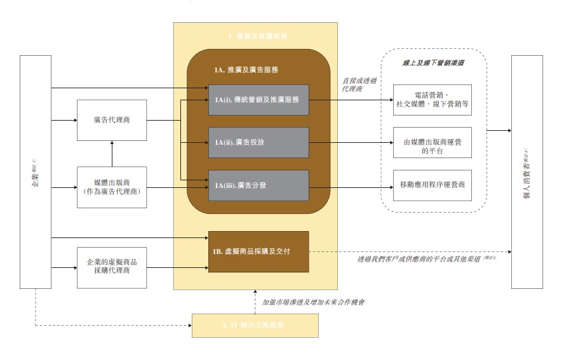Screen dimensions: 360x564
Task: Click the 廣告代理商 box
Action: coord(112,120)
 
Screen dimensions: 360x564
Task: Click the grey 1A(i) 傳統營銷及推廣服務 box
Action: coord(258,100)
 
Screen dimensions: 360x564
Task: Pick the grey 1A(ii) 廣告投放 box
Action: coord(258,143)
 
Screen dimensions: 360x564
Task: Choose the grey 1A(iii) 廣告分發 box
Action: coord(258,186)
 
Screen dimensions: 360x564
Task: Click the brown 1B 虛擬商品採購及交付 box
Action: coord(259,252)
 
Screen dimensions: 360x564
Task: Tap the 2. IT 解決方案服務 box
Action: coord(255,325)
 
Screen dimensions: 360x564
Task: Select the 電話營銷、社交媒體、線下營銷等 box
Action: coord(432,100)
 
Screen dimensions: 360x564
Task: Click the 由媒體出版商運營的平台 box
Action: coord(432,147)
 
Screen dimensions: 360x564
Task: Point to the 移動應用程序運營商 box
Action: coord(432,185)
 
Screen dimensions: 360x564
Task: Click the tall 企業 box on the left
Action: coord(36,171)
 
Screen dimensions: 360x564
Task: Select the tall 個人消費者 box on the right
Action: coord(527,171)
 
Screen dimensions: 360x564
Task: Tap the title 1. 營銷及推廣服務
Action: coord(255,37)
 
